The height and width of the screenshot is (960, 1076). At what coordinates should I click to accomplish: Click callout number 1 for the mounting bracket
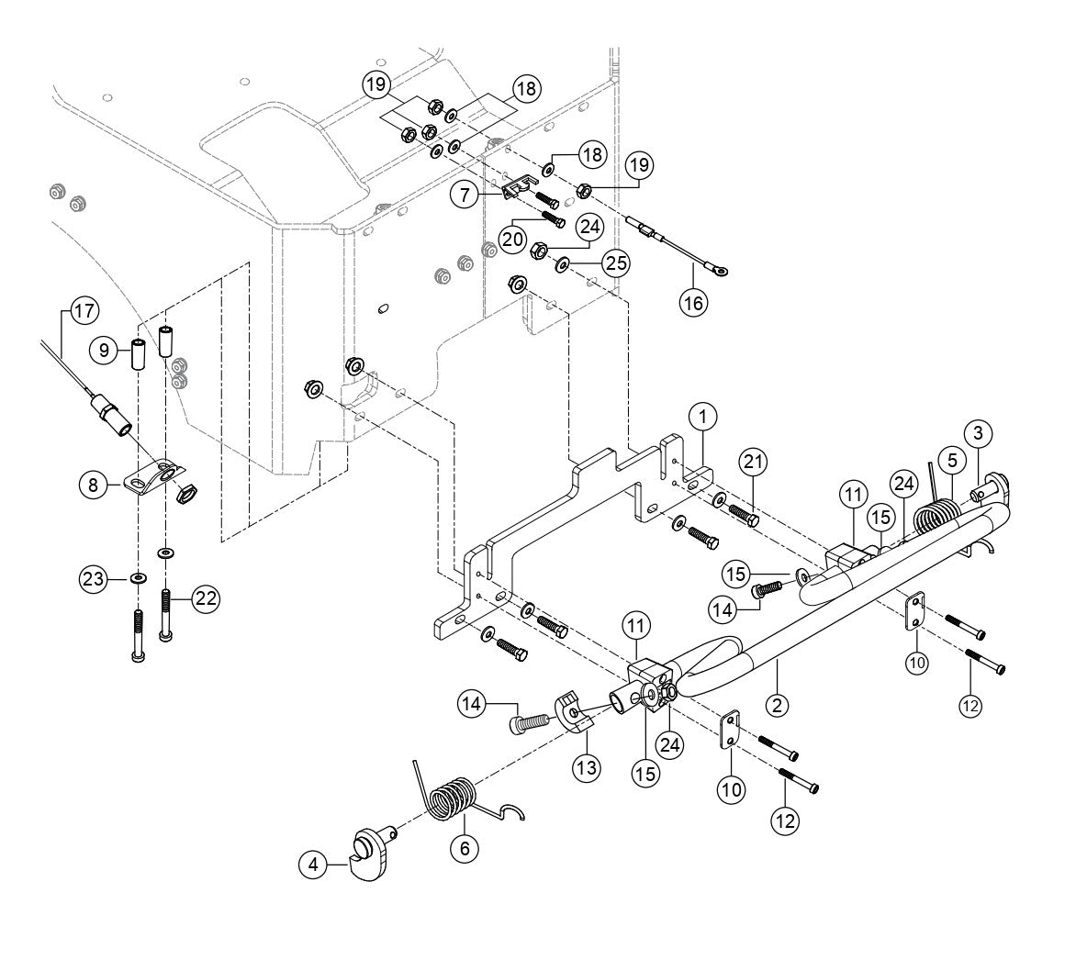pyautogui.click(x=702, y=418)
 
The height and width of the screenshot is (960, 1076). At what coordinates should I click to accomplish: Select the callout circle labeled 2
pyautogui.click(x=777, y=705)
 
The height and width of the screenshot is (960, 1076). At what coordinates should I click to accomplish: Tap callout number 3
pyautogui.click(x=979, y=432)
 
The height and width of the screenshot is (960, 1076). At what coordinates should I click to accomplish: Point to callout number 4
pyautogui.click(x=314, y=865)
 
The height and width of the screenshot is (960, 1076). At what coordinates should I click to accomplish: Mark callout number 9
pyautogui.click(x=104, y=350)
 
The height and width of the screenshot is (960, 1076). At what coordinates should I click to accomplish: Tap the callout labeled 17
pyautogui.click(x=84, y=311)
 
